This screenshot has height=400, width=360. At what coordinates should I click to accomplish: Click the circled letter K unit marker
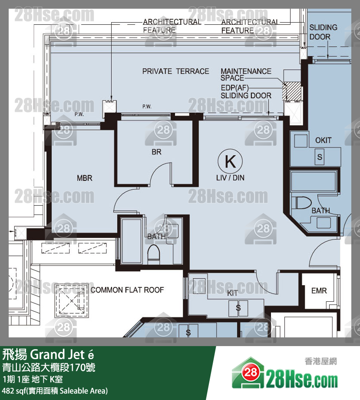(230, 161)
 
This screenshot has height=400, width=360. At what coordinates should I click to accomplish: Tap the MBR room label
(85, 178)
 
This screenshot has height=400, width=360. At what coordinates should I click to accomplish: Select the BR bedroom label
(156, 152)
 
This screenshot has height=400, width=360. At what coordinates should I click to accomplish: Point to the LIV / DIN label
(230, 178)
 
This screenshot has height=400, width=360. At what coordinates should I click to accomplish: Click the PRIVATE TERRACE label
(175, 71)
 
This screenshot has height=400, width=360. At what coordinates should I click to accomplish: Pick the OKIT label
(324, 140)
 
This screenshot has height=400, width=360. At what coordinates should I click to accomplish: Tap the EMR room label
(319, 290)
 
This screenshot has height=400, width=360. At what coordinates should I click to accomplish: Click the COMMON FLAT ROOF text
(127, 290)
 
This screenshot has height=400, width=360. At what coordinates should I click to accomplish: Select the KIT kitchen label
(232, 293)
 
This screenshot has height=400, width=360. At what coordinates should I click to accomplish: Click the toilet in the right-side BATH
(303, 203)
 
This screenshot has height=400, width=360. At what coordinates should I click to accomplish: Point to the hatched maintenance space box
(292, 91)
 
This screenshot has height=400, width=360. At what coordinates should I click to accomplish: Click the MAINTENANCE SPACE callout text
(246, 74)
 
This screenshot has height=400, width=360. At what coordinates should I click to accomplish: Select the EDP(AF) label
(234, 88)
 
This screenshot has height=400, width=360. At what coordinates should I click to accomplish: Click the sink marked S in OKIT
(320, 157)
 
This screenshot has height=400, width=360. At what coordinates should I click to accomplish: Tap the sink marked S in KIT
(238, 308)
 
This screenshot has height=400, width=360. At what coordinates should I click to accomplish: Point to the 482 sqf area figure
(14, 391)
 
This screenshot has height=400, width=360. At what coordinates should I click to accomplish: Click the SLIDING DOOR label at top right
(324, 32)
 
